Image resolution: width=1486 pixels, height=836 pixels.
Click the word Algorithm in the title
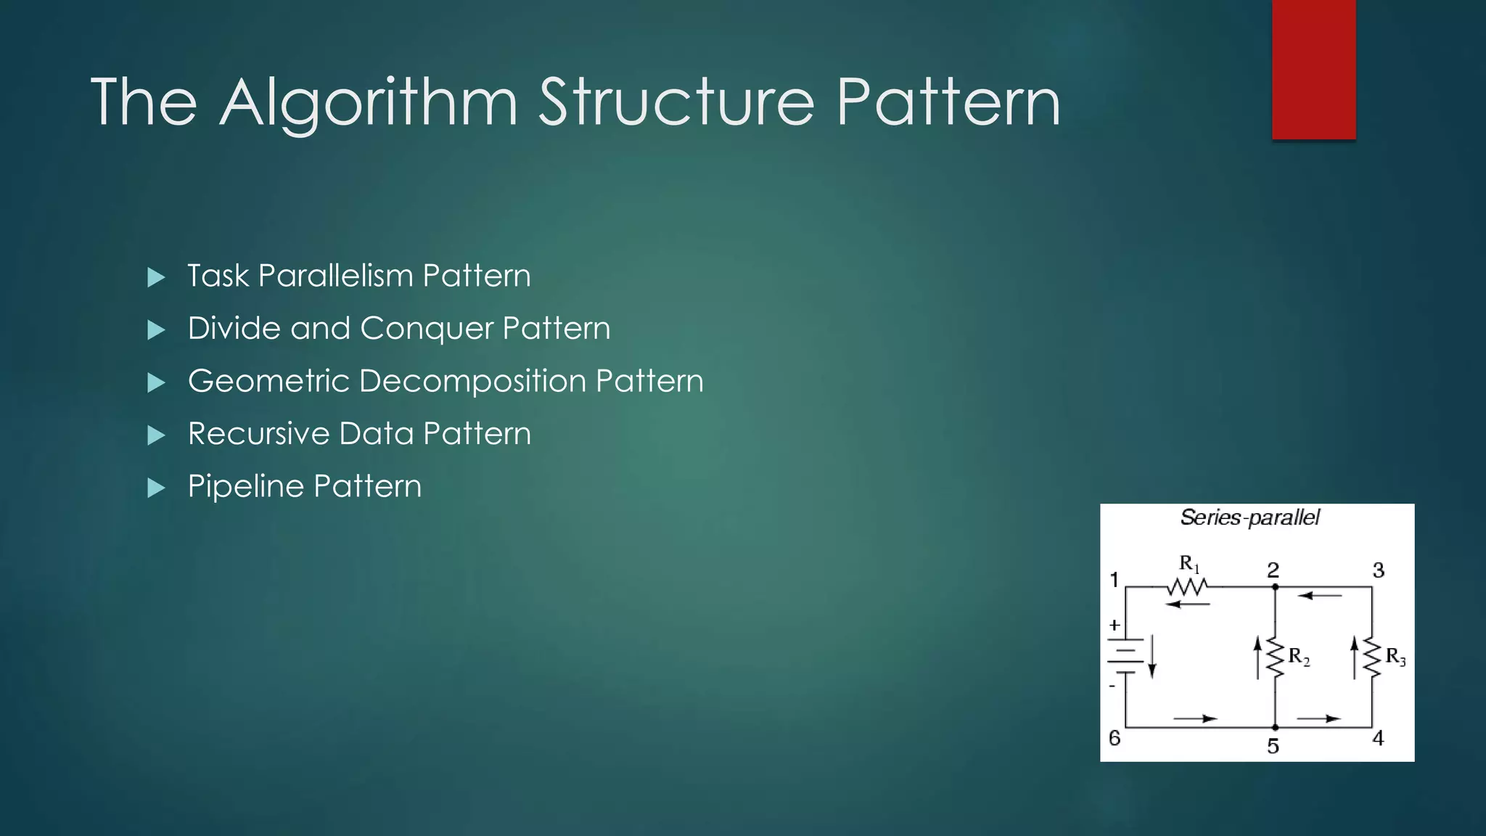click(368, 104)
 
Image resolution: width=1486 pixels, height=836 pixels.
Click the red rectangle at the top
click(1313, 69)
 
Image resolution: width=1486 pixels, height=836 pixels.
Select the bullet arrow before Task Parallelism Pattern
click(156, 277)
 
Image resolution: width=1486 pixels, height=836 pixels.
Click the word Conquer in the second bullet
click(427, 329)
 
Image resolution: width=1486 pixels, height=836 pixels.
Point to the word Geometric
click(268, 381)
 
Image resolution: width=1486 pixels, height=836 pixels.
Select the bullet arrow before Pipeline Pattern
click(156, 488)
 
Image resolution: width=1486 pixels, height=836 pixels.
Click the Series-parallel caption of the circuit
click(1249, 518)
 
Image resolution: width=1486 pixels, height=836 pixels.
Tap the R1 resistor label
click(1189, 563)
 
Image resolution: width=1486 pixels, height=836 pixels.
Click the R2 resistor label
click(1299, 657)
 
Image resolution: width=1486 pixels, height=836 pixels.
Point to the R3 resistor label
click(1395, 657)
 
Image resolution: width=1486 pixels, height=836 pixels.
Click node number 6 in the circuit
click(1114, 738)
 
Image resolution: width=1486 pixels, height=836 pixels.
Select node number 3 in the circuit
click(1379, 570)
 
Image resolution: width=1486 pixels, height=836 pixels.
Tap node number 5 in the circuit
click(1273, 746)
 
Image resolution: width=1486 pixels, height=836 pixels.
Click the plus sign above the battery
click(1114, 625)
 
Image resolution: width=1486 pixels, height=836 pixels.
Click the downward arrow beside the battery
click(1152, 657)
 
